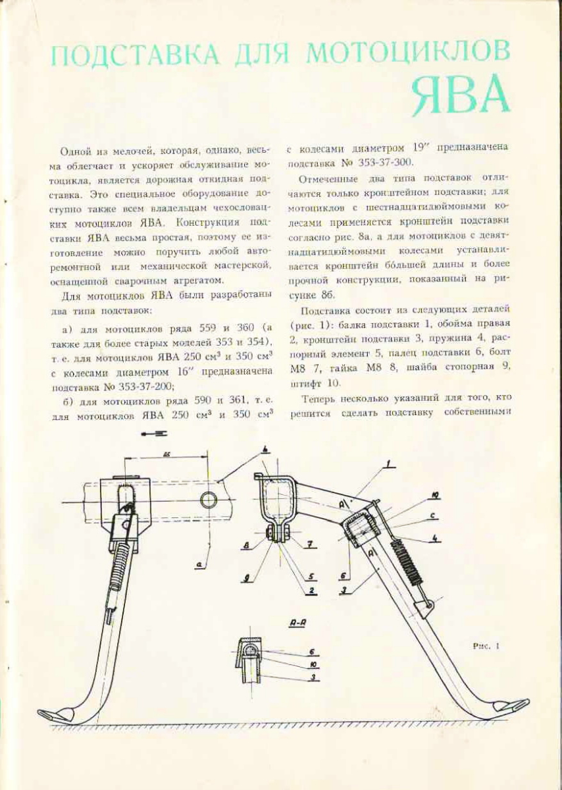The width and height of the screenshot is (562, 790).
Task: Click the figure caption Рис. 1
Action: point(487,646)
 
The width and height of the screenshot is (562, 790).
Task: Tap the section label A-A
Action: point(297,622)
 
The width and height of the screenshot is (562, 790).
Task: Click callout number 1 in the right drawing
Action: point(390,466)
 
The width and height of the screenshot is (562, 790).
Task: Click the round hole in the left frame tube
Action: point(209,499)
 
